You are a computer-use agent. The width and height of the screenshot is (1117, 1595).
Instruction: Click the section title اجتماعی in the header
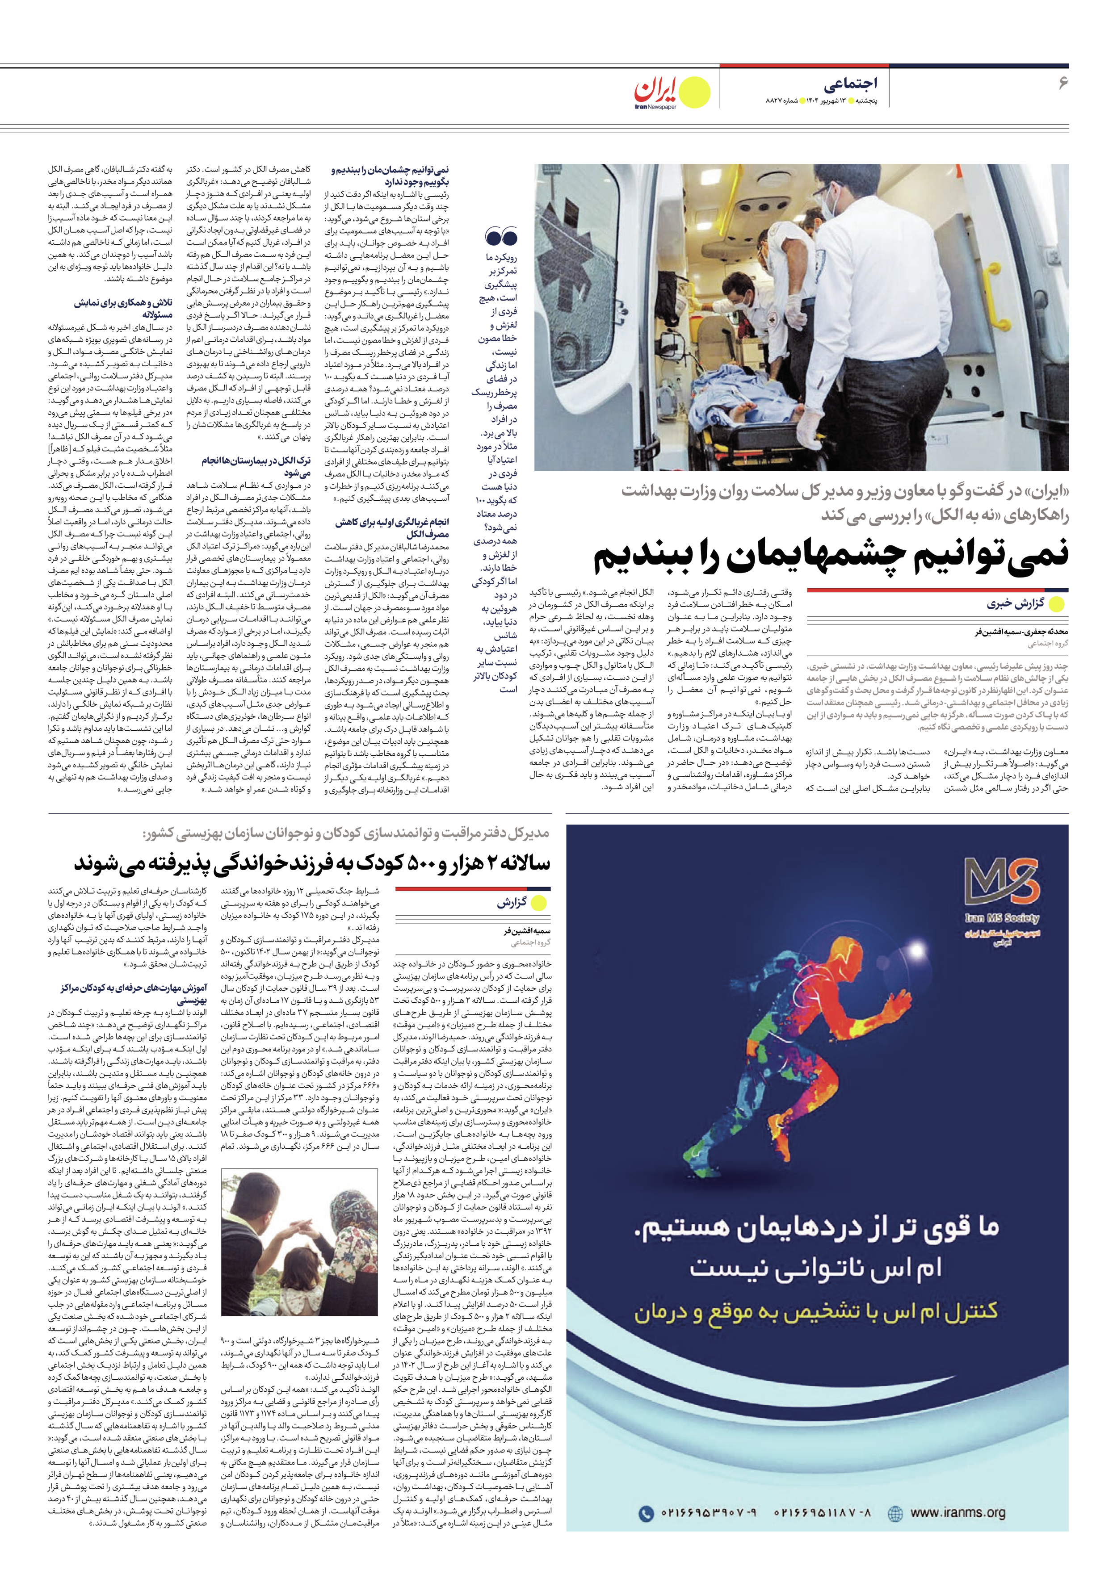(850, 84)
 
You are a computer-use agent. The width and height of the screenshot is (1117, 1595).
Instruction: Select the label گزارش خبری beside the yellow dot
(1015, 604)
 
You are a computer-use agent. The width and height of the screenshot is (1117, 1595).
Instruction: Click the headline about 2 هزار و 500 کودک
(312, 863)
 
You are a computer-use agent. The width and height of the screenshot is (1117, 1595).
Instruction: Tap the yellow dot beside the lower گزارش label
(538, 903)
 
